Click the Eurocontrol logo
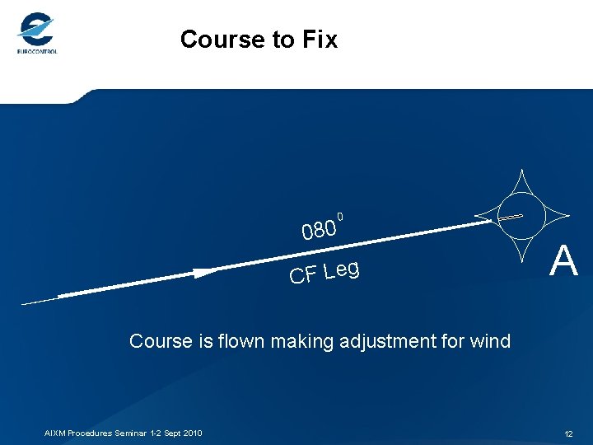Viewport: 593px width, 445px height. click(x=36, y=33)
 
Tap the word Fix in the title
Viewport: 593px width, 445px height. click(x=319, y=40)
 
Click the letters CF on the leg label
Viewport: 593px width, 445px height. click(x=302, y=275)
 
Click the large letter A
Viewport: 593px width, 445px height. click(x=564, y=263)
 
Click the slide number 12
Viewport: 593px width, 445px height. click(x=568, y=433)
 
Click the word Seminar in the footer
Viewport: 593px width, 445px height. click(x=131, y=433)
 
